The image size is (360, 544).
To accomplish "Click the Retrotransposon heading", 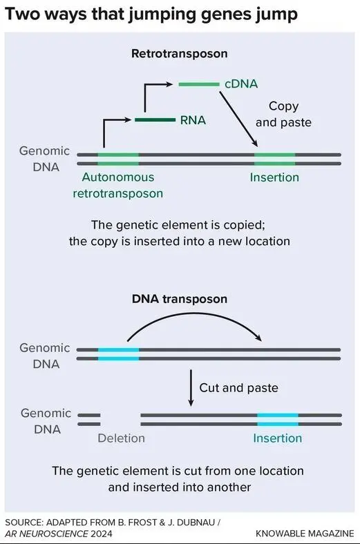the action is [180, 53].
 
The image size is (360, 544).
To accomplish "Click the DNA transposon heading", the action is [180, 299].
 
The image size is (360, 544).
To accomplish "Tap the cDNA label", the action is [241, 84].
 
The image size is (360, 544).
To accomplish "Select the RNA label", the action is [193, 120].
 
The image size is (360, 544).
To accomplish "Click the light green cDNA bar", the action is [199, 84].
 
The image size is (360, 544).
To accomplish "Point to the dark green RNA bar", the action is [155, 120].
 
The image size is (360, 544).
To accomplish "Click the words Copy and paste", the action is [283, 114].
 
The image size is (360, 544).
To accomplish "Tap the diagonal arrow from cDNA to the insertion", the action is [238, 119].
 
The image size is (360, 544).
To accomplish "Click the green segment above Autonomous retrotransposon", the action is [118, 159].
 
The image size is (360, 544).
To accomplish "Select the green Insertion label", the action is [274, 177].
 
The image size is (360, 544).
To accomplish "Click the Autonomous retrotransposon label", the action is [118, 185].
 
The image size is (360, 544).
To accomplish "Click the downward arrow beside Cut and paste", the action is [191, 388].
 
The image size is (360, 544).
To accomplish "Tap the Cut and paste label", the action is [239, 388].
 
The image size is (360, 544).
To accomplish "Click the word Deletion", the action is [121, 438].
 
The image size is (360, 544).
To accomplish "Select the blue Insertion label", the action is [277, 438].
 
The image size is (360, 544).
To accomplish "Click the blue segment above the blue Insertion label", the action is [278, 420].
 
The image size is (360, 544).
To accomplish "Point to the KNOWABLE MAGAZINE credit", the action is [305, 534].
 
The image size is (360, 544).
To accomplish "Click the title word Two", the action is [23, 14].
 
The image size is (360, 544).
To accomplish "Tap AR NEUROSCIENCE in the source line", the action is [46, 534].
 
